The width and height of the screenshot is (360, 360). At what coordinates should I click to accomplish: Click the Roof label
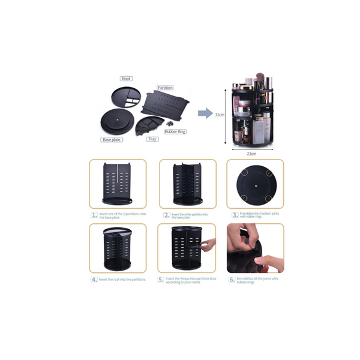126,79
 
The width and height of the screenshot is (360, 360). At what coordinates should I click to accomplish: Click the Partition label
165,88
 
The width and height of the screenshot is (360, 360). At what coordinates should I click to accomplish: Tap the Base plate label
112,140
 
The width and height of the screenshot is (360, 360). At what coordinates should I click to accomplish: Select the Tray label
153,139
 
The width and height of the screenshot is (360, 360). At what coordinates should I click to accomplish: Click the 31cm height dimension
220,115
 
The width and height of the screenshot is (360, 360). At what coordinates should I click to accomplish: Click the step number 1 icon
94,214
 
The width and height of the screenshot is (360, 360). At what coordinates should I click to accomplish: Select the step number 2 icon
166,214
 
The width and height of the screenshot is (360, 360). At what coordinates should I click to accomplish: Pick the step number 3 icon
235,214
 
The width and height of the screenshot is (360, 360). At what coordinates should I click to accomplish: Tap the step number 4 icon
94,280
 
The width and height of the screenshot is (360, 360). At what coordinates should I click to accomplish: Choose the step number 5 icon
161,280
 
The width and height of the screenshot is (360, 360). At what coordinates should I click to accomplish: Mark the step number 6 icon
232,280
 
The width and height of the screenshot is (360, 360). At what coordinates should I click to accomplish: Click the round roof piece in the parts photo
126,94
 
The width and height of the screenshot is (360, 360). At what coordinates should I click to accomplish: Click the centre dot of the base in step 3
255,185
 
